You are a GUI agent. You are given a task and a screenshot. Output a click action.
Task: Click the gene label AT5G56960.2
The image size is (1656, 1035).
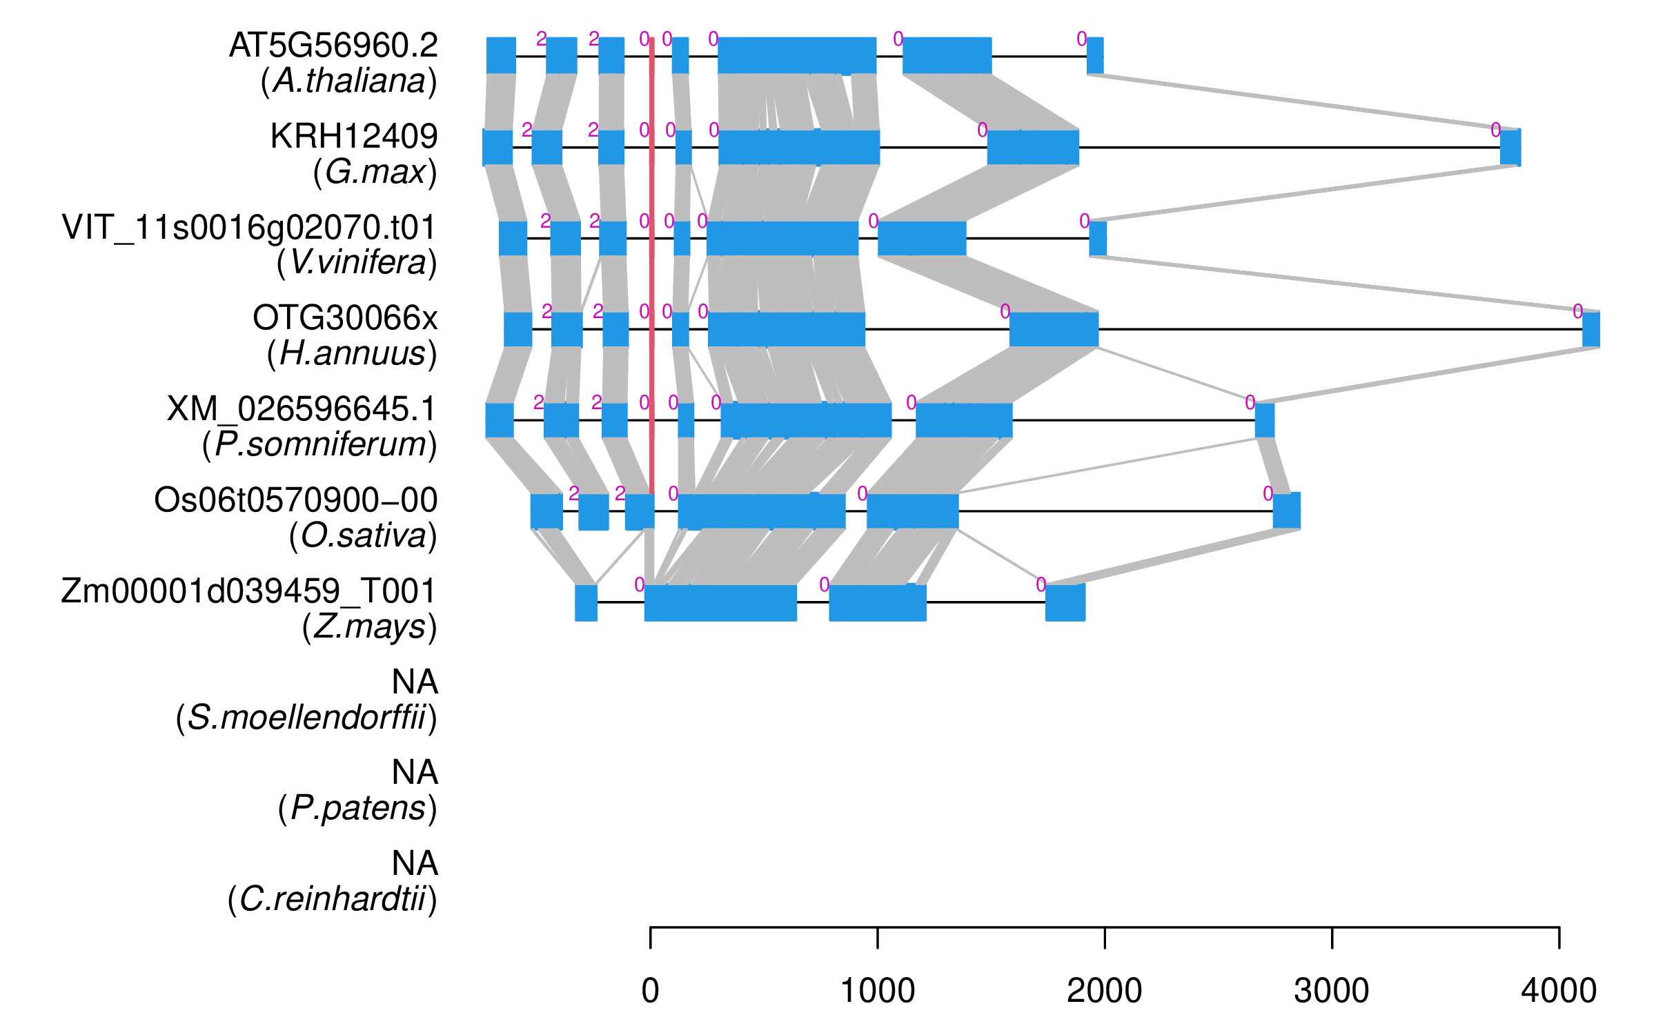coord(333,46)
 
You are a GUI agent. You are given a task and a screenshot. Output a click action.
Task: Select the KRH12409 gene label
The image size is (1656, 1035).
coord(354,137)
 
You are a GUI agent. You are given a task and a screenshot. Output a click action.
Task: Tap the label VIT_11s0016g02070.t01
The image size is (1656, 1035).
coord(249,227)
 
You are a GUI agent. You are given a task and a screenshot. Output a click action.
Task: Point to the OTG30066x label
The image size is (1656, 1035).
coord(345,318)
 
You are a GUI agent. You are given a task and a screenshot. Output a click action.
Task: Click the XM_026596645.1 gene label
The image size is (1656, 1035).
coord(302,409)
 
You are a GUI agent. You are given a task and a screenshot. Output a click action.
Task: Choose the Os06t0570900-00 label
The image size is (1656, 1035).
coord(295,500)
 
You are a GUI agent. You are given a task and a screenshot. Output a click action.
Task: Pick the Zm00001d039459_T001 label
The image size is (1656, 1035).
coord(248,591)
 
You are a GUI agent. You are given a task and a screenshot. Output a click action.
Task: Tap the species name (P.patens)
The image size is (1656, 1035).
coord(357,808)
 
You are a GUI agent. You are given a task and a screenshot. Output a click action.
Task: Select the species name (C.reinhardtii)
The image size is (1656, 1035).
coord(332,899)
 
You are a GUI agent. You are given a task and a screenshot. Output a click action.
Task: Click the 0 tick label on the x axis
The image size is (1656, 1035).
coord(650,991)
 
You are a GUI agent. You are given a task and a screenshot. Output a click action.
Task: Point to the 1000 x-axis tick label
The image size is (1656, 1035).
coord(877,991)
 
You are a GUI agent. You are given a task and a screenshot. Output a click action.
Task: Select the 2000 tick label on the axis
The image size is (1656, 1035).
coord(1104,991)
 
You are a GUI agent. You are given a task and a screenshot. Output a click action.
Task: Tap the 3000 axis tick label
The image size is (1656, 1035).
coord(1331,991)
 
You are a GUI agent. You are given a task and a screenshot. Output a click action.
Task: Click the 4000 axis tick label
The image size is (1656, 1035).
coord(1559,991)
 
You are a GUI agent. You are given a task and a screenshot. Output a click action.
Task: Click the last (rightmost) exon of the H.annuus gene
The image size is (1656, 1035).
coord(1590,329)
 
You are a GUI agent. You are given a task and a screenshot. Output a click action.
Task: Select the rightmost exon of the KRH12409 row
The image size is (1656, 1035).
coord(1510,147)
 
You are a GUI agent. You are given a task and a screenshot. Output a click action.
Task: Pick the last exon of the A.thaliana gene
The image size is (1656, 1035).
coord(1095,56)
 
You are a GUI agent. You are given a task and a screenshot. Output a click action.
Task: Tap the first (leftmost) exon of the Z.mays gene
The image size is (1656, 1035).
coord(586,602)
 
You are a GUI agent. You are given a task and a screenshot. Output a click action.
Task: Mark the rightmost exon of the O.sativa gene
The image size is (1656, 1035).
coord(1286,511)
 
